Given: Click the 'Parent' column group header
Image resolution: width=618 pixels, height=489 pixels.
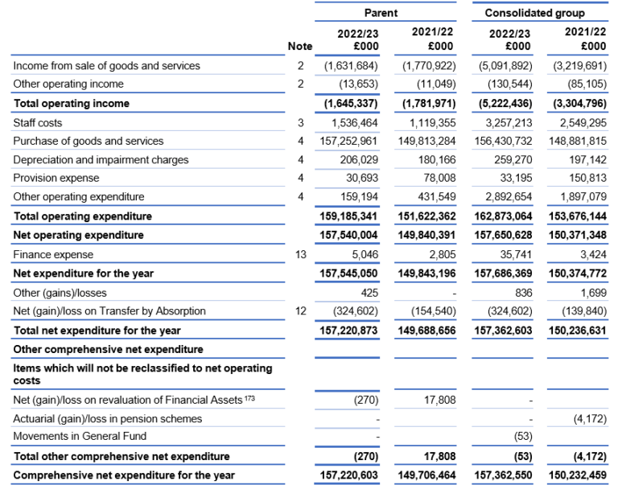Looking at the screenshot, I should tap(381, 13).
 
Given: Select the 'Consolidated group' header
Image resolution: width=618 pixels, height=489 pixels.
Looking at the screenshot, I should tap(534, 13).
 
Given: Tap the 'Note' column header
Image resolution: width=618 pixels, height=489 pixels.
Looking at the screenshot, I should tap(299, 47).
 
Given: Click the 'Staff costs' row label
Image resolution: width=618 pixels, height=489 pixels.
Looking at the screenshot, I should tap(38, 123).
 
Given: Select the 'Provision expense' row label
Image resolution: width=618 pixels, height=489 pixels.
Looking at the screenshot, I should tap(56, 178).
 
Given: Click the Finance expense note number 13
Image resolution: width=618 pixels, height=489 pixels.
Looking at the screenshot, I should tap(299, 254).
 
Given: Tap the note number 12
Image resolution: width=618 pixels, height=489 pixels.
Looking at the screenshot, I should tap(299, 310).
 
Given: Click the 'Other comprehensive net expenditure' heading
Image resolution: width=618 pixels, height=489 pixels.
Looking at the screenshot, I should tap(108, 350).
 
